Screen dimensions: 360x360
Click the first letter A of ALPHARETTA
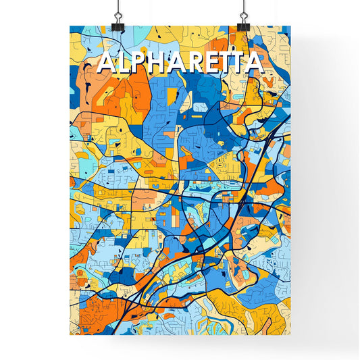click(106, 63)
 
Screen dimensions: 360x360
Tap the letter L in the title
click(122, 63)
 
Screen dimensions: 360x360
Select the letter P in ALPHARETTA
click(137, 63)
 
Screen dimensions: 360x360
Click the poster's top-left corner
click(70, 26)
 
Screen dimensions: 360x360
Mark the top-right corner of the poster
click(290, 26)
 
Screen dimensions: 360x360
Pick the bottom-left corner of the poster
click(70, 335)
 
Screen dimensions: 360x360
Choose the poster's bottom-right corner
click(290, 335)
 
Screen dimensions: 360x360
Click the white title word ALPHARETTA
click(180, 63)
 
